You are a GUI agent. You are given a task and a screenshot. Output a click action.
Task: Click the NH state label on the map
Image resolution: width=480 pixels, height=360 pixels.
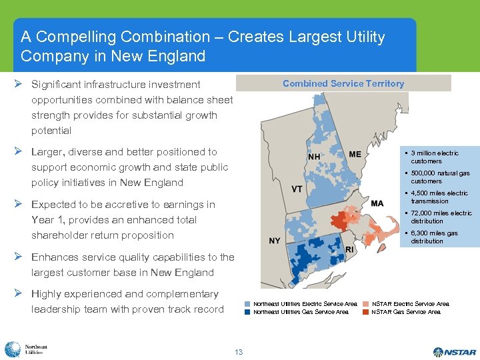314,157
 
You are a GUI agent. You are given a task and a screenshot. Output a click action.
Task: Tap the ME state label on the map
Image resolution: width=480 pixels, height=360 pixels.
355,154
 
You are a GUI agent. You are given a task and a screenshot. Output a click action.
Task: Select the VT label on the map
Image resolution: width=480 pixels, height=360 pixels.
297,189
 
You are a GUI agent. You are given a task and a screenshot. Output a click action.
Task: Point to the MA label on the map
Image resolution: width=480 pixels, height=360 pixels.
377,203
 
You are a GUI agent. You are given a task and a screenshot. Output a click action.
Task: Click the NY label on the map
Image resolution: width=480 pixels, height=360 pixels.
275,241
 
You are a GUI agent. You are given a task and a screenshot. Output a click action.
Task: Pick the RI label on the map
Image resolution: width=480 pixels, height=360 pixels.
349,249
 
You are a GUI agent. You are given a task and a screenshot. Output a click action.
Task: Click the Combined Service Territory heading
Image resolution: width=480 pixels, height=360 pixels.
343,83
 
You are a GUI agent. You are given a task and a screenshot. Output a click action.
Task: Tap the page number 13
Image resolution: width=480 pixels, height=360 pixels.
239,352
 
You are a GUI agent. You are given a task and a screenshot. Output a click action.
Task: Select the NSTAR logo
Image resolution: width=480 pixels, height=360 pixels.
455,351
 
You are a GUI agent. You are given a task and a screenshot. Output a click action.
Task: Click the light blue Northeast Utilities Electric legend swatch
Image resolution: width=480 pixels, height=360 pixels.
248,304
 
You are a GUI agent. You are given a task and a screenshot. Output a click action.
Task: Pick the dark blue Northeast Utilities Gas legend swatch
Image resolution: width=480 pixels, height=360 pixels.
248,312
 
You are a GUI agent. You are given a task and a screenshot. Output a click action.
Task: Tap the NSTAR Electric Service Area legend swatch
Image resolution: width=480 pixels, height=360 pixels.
366,304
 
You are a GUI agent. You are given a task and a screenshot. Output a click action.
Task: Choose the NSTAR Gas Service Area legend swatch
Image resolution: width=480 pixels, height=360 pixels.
366,312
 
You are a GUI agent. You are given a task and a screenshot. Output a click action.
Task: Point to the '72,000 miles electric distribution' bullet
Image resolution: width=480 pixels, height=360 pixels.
441,217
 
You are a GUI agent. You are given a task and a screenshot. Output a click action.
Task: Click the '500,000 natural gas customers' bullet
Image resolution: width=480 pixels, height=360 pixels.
440,177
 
